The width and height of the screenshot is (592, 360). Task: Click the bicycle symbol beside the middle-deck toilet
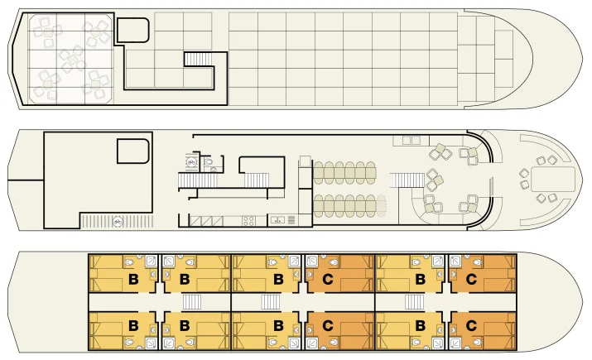coord(191,163)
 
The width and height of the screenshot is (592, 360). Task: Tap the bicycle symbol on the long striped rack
coord(118,222)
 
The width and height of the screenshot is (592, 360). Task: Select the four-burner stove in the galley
coord(248,221)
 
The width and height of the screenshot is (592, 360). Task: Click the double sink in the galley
coord(277,220)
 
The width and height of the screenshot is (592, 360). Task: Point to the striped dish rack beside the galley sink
coord(291,220)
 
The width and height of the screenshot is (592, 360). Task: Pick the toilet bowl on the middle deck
coord(209,162)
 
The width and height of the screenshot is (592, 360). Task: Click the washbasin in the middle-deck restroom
coord(214,170)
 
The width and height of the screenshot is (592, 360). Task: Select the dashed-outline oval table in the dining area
coord(382,206)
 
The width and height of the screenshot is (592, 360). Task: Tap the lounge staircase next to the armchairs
coord(407,180)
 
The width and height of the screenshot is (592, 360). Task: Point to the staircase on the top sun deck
coord(199,60)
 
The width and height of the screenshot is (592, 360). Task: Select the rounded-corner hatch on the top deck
coord(133,30)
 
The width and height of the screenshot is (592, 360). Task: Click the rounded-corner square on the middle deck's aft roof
coord(133,151)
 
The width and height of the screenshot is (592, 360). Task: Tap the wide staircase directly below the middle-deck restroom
coord(197,180)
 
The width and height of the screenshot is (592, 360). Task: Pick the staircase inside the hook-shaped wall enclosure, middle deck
coord(257,180)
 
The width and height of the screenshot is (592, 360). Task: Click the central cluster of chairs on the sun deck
coord(71,60)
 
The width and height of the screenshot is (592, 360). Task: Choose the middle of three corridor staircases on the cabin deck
coord(270,302)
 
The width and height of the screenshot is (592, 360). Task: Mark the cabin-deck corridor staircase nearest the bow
coord(415,302)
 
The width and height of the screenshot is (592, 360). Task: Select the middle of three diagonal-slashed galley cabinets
coord(206,221)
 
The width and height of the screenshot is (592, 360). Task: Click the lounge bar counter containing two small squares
coord(411,141)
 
